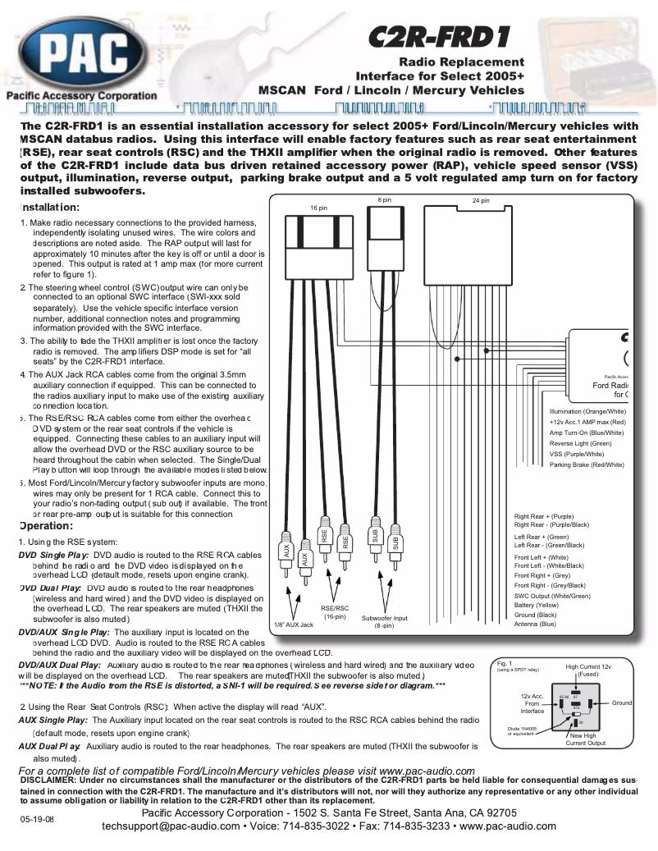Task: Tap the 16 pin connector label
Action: pyautogui.click(x=318, y=208)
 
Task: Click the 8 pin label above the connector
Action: pyautogui.click(x=385, y=199)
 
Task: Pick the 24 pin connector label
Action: pyautogui.click(x=481, y=200)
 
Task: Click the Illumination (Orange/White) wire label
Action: pyautogui.click(x=587, y=411)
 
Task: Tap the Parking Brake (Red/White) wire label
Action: pyautogui.click(x=587, y=464)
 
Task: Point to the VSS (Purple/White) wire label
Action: pyautogui.click(x=576, y=454)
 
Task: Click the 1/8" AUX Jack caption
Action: pyautogui.click(x=293, y=625)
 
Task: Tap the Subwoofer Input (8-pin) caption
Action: pyautogui.click(x=384, y=621)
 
